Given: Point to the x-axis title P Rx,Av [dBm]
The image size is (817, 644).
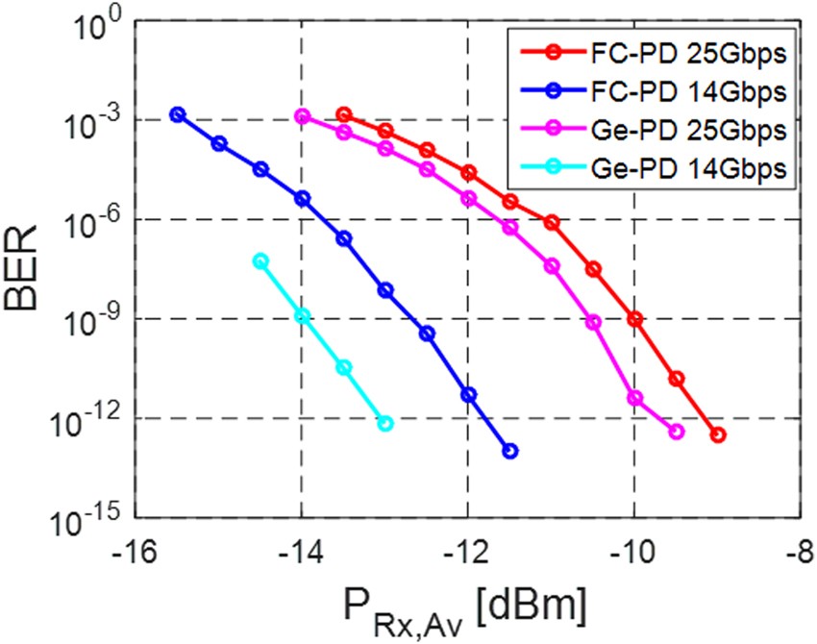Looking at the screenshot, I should [x=468, y=607].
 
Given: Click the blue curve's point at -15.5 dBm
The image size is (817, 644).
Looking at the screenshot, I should [x=177, y=113].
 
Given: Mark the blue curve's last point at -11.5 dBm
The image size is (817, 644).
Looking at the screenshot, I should [x=510, y=451].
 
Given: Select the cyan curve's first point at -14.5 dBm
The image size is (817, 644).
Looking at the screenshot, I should [x=260, y=261].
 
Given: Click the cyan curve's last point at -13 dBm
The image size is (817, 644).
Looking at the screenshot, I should [x=385, y=423].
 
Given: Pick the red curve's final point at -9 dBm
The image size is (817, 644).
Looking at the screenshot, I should [x=718, y=435].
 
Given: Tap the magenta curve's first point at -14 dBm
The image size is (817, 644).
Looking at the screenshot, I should [x=303, y=116].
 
